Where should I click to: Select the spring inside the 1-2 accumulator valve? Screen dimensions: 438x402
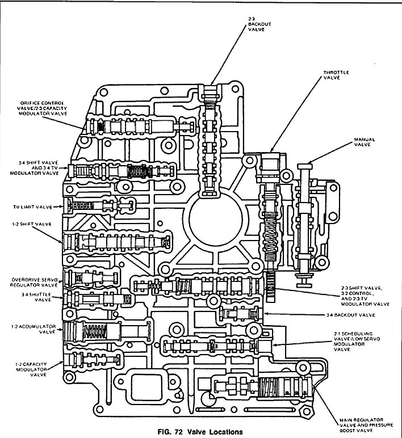(x=99, y=330)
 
